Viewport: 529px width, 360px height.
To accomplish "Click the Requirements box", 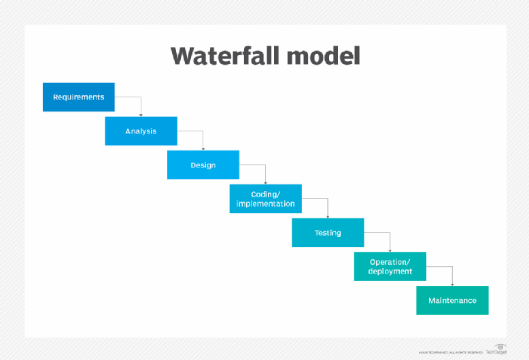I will [78, 97].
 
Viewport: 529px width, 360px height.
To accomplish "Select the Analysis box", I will [141, 131].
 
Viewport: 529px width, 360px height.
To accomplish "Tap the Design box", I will [203, 165].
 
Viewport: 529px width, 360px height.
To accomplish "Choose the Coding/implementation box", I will [265, 199].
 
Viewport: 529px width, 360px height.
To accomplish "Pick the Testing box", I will [328, 232].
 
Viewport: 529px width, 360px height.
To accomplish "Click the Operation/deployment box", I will [390, 266].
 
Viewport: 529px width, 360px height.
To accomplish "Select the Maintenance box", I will [452, 300].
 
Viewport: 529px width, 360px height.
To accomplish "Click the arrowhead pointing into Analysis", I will [141, 114].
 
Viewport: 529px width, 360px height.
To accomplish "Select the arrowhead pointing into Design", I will [203, 148].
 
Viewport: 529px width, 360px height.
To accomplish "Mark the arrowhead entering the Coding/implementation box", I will [265, 182].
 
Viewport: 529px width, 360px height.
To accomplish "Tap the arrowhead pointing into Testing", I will [328, 215].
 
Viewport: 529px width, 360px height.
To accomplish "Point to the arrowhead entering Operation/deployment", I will [390, 249].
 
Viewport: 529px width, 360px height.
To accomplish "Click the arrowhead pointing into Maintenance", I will [452, 283].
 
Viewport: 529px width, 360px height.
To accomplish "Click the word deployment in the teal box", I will [390, 272].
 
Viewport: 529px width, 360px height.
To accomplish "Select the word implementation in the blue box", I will [265, 203].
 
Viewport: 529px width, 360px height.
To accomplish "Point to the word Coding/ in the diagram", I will [265, 195].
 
